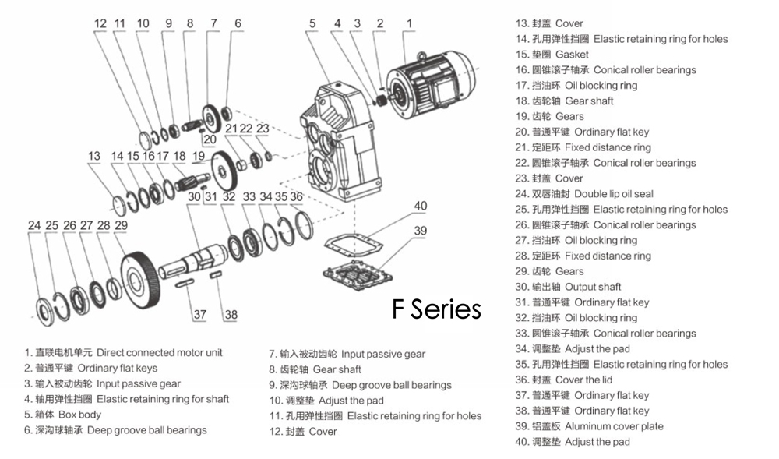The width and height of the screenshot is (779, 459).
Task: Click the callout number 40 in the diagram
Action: click(421, 206)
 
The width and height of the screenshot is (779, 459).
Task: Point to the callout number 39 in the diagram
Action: click(421, 231)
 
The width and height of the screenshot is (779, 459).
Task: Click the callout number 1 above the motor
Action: click(407, 23)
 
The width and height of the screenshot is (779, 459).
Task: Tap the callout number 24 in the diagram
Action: click(34, 225)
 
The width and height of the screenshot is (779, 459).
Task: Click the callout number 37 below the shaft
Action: click(200, 314)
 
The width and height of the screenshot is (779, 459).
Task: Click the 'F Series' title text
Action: click(436, 309)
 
